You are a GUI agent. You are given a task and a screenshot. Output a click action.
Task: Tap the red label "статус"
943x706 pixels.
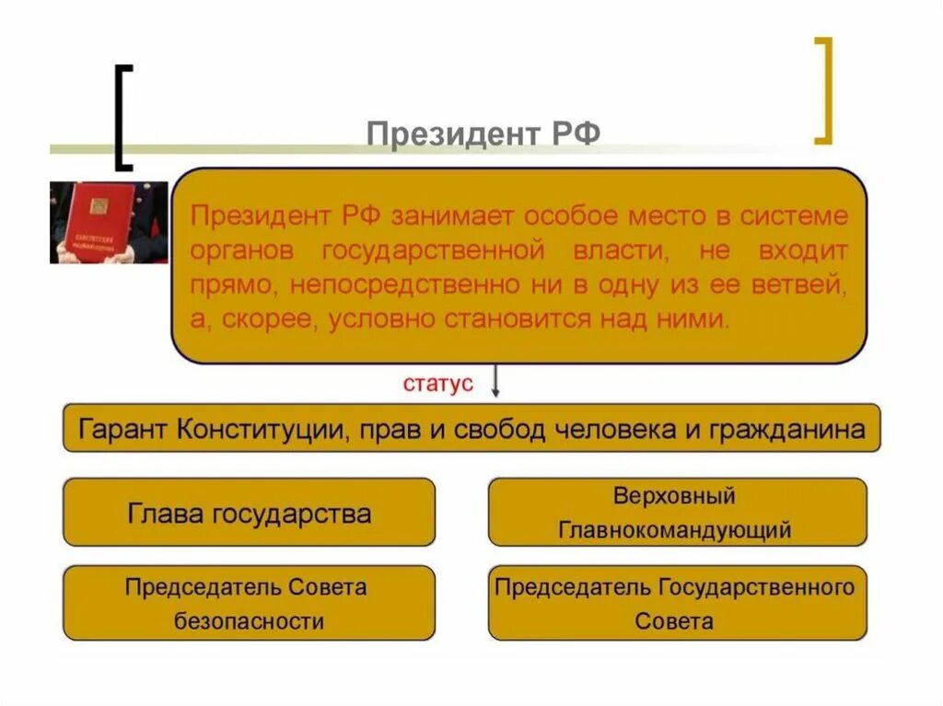point(438,384)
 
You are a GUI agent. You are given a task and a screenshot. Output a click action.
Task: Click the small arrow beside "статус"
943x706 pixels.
point(495,381)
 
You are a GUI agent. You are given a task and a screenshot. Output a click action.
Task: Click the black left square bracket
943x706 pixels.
point(122,117)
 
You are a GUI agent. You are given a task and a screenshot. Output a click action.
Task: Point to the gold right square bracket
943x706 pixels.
point(824,90)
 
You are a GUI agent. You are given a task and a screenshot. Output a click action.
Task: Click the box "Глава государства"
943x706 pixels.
point(249,512)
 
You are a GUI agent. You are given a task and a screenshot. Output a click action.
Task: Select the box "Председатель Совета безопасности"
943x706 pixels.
point(249,603)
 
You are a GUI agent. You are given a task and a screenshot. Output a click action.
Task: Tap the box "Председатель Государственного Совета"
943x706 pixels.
point(677,603)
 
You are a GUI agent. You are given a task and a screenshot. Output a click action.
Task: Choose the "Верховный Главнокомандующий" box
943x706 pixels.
point(677,512)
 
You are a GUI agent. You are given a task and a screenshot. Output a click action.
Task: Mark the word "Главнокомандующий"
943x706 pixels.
point(675,530)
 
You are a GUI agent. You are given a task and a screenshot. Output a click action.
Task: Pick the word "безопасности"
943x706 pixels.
point(249,621)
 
